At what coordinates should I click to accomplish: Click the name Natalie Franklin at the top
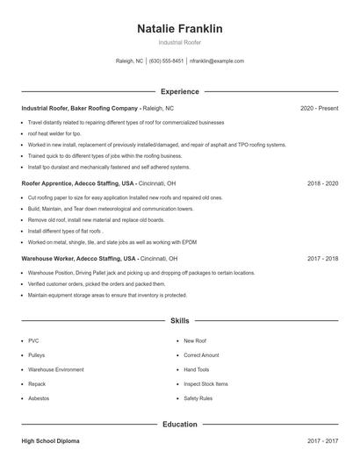pyautogui.click(x=179, y=29)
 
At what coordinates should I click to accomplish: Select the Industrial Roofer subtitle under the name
pyautogui.click(x=179, y=42)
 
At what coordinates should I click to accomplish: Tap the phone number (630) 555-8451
pyautogui.click(x=166, y=61)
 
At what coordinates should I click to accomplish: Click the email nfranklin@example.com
pyautogui.click(x=217, y=61)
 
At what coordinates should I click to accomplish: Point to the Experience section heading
pyautogui.click(x=179, y=91)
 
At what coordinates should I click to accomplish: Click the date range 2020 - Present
pyautogui.click(x=319, y=108)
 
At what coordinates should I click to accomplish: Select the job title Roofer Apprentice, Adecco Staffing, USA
pyautogui.click(x=78, y=184)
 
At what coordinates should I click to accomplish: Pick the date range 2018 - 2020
pyautogui.click(x=322, y=184)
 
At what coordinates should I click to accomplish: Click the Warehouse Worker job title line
pyautogui.click(x=79, y=260)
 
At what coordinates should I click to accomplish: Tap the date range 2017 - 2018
pyautogui.click(x=322, y=260)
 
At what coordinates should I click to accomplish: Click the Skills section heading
pyautogui.click(x=179, y=322)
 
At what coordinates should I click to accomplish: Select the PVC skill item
pyautogui.click(x=33, y=340)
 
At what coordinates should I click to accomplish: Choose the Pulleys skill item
pyautogui.click(x=37, y=355)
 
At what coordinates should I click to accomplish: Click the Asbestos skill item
pyautogui.click(x=40, y=398)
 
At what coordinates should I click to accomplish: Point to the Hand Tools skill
pyautogui.click(x=196, y=369)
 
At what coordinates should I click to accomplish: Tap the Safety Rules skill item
pyautogui.click(x=198, y=398)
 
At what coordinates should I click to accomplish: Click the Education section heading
pyautogui.click(x=179, y=425)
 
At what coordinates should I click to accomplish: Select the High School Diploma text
pyautogui.click(x=50, y=441)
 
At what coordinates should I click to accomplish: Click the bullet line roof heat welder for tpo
pyautogui.click(x=54, y=133)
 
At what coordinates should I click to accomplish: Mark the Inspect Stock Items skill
pyautogui.click(x=205, y=384)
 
